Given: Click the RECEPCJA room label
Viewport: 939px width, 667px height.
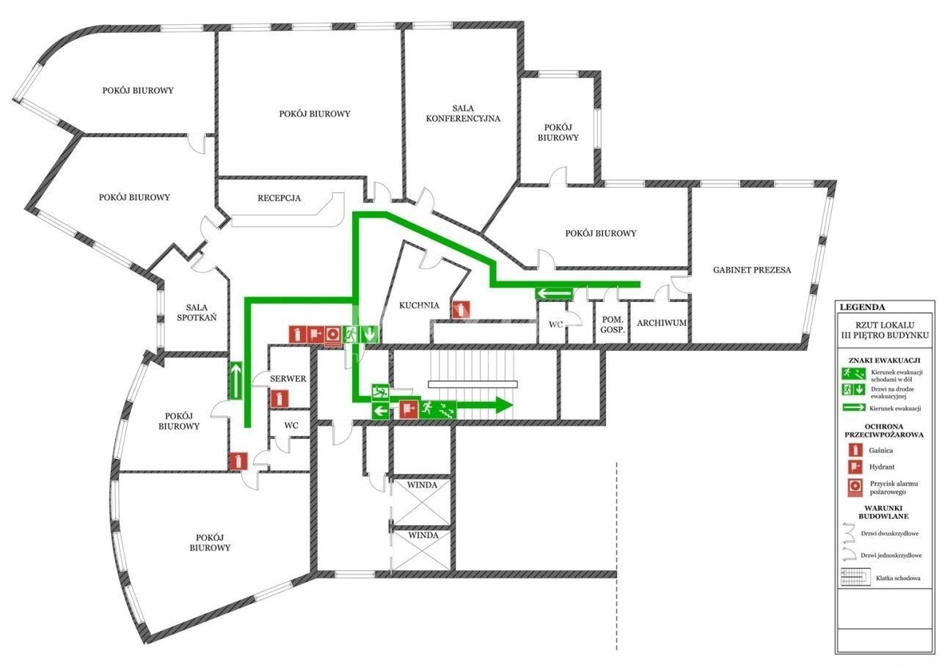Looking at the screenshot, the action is (279, 198).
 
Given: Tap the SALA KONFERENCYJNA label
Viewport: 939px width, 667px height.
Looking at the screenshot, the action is (463, 114).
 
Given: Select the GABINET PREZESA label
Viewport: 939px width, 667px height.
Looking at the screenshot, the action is (752, 270).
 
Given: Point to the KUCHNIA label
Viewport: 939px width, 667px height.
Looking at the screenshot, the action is (419, 306).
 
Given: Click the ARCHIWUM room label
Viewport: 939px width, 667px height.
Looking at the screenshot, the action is (662, 323).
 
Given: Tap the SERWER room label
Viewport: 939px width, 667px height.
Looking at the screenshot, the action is (288, 378).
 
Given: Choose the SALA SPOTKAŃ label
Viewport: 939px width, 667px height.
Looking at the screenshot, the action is (197, 312).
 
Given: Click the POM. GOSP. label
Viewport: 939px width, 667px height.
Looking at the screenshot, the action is (613, 325).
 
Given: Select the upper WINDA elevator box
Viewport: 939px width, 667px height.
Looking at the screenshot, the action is (422, 502).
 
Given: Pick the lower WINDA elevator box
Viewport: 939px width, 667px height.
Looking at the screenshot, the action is (422, 550).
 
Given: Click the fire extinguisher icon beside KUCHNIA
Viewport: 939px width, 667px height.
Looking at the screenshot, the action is (461, 310).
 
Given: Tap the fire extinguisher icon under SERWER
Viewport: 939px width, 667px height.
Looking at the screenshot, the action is (279, 399).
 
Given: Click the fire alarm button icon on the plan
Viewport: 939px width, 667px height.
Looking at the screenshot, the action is (334, 335).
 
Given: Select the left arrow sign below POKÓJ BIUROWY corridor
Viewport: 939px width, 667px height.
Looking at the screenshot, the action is (554, 293).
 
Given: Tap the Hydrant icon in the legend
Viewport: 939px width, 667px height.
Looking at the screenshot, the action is (855, 467).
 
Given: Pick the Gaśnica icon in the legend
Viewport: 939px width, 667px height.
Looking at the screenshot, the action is (855, 450).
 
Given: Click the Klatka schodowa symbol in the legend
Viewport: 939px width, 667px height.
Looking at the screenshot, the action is (855, 577).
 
